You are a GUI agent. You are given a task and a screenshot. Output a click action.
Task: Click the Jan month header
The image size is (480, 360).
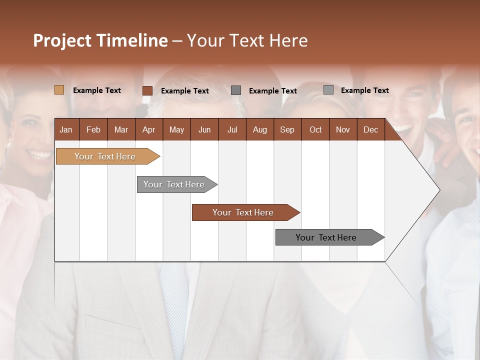coord(66,129)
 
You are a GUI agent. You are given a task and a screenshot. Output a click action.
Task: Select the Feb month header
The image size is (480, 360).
coord(93,129)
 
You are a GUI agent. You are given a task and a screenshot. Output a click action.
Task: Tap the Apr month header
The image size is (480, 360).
coord(149,129)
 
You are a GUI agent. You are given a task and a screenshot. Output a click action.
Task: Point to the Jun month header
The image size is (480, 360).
coord(204,129)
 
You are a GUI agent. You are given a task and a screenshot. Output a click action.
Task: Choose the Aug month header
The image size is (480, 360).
coord(260,129)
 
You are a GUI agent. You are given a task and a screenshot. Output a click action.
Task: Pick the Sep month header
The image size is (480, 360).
coord(287,129)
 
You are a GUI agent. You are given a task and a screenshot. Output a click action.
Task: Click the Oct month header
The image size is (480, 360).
coord(315,129)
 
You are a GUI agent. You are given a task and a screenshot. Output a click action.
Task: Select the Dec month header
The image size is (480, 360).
coord(371,129)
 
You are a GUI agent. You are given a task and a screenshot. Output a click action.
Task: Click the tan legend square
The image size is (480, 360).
coord(59,90)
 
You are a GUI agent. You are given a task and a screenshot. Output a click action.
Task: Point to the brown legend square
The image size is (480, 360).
coord(147,90)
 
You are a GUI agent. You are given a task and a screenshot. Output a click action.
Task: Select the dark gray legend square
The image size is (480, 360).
coord(236,90)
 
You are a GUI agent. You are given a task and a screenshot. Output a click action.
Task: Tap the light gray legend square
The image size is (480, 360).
coord(328,90)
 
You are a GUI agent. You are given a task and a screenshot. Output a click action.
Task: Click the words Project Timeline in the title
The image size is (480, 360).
coord(100,40)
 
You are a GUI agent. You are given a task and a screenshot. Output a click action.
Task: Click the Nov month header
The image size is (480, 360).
coord(343,129)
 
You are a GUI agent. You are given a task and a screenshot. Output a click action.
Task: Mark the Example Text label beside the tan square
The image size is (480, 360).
coord(97,90)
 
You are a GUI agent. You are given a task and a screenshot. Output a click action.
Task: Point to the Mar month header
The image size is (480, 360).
coord(121,129)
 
